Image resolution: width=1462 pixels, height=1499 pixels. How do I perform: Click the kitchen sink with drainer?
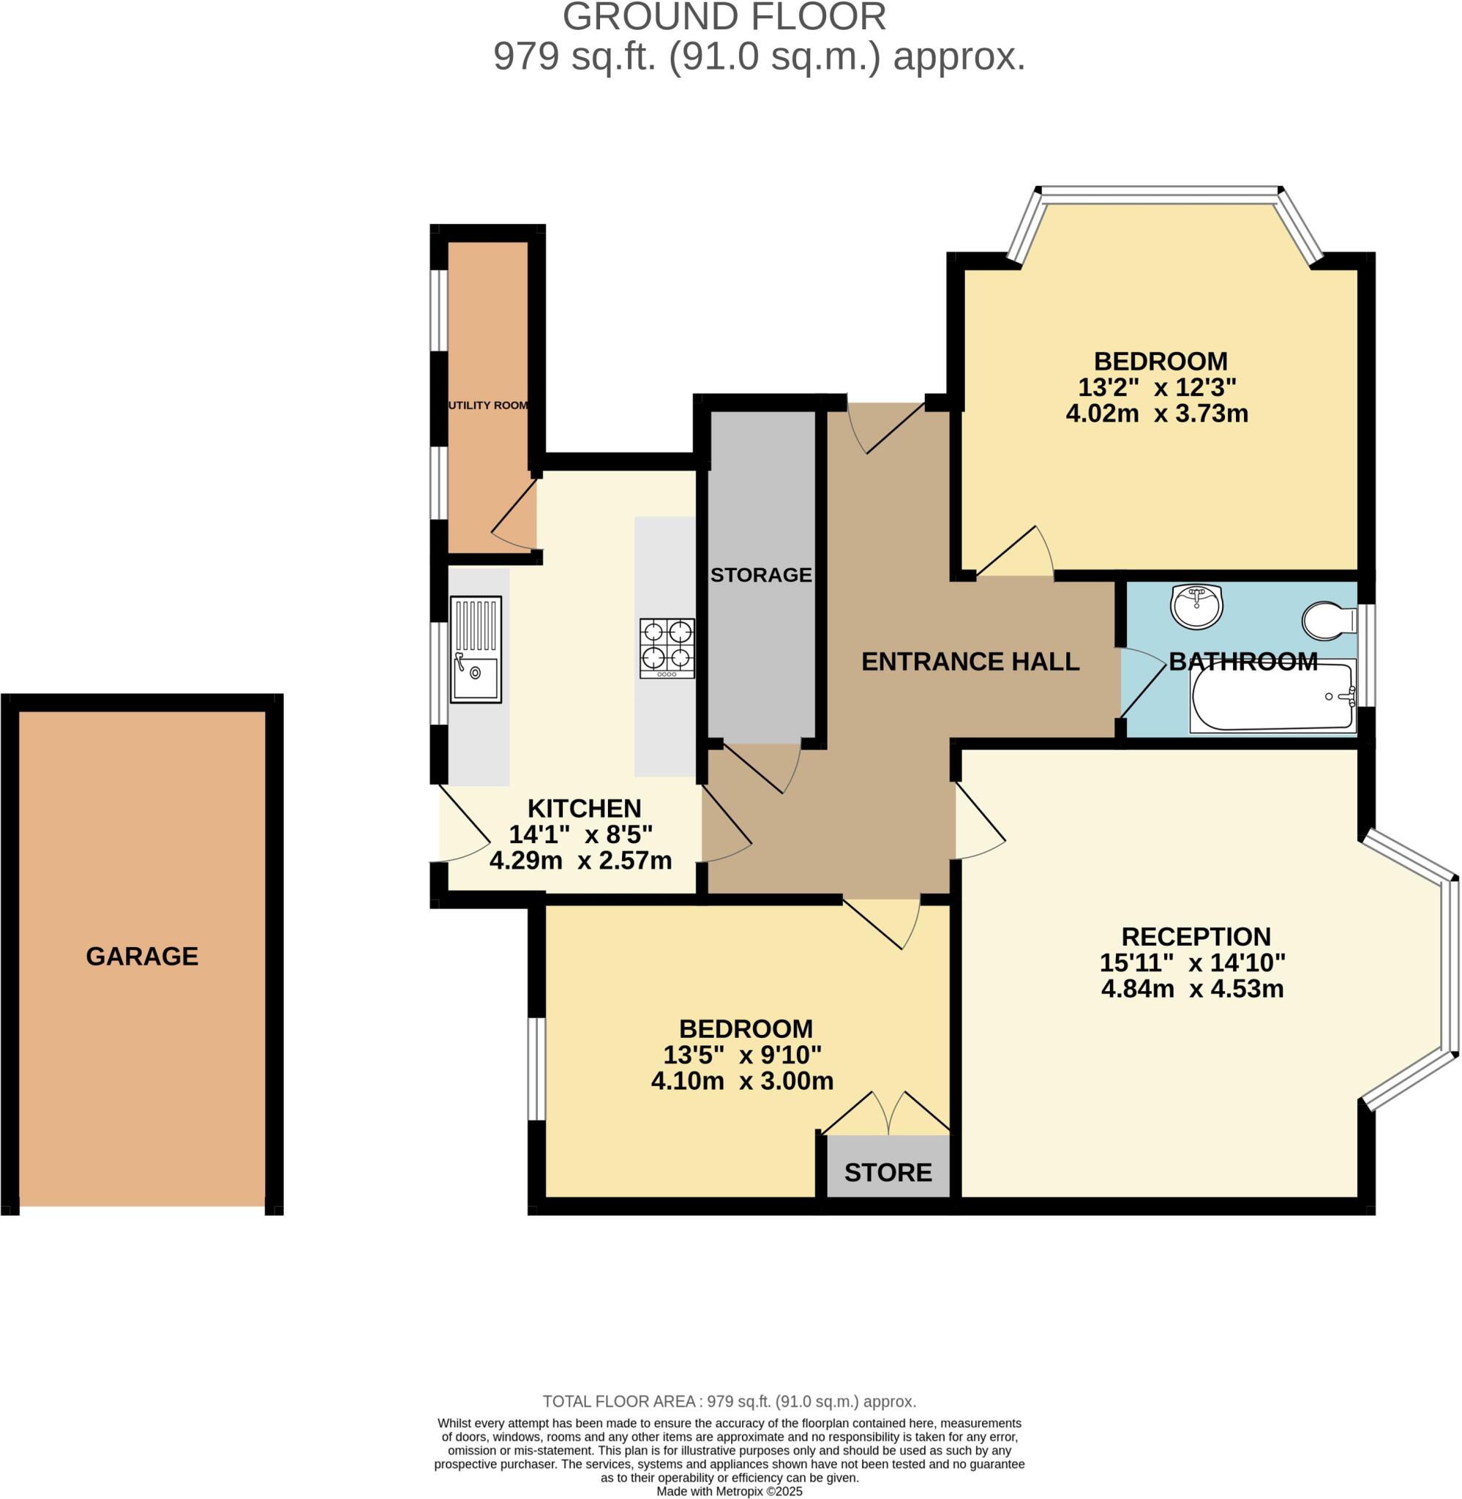(x=476, y=650)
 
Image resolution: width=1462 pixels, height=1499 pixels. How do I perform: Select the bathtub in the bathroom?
(x=1272, y=697)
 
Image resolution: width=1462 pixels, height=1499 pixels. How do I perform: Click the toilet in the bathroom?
(x=1328, y=621)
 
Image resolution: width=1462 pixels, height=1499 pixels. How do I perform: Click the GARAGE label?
(x=142, y=956)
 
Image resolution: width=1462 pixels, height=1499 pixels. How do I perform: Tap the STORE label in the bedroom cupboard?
(x=888, y=1173)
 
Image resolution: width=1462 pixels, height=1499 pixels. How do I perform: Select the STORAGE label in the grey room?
(x=760, y=575)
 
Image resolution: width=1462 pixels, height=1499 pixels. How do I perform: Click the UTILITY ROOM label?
(x=488, y=405)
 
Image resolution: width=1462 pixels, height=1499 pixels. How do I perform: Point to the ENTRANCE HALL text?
(x=970, y=661)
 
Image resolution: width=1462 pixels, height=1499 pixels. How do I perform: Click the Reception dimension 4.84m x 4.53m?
(x=1192, y=988)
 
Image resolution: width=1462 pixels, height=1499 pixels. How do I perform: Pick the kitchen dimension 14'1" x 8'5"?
(x=580, y=834)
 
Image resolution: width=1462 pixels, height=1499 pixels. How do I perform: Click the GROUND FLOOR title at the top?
(x=724, y=17)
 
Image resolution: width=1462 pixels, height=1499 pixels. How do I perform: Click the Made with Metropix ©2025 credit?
(x=729, y=1492)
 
